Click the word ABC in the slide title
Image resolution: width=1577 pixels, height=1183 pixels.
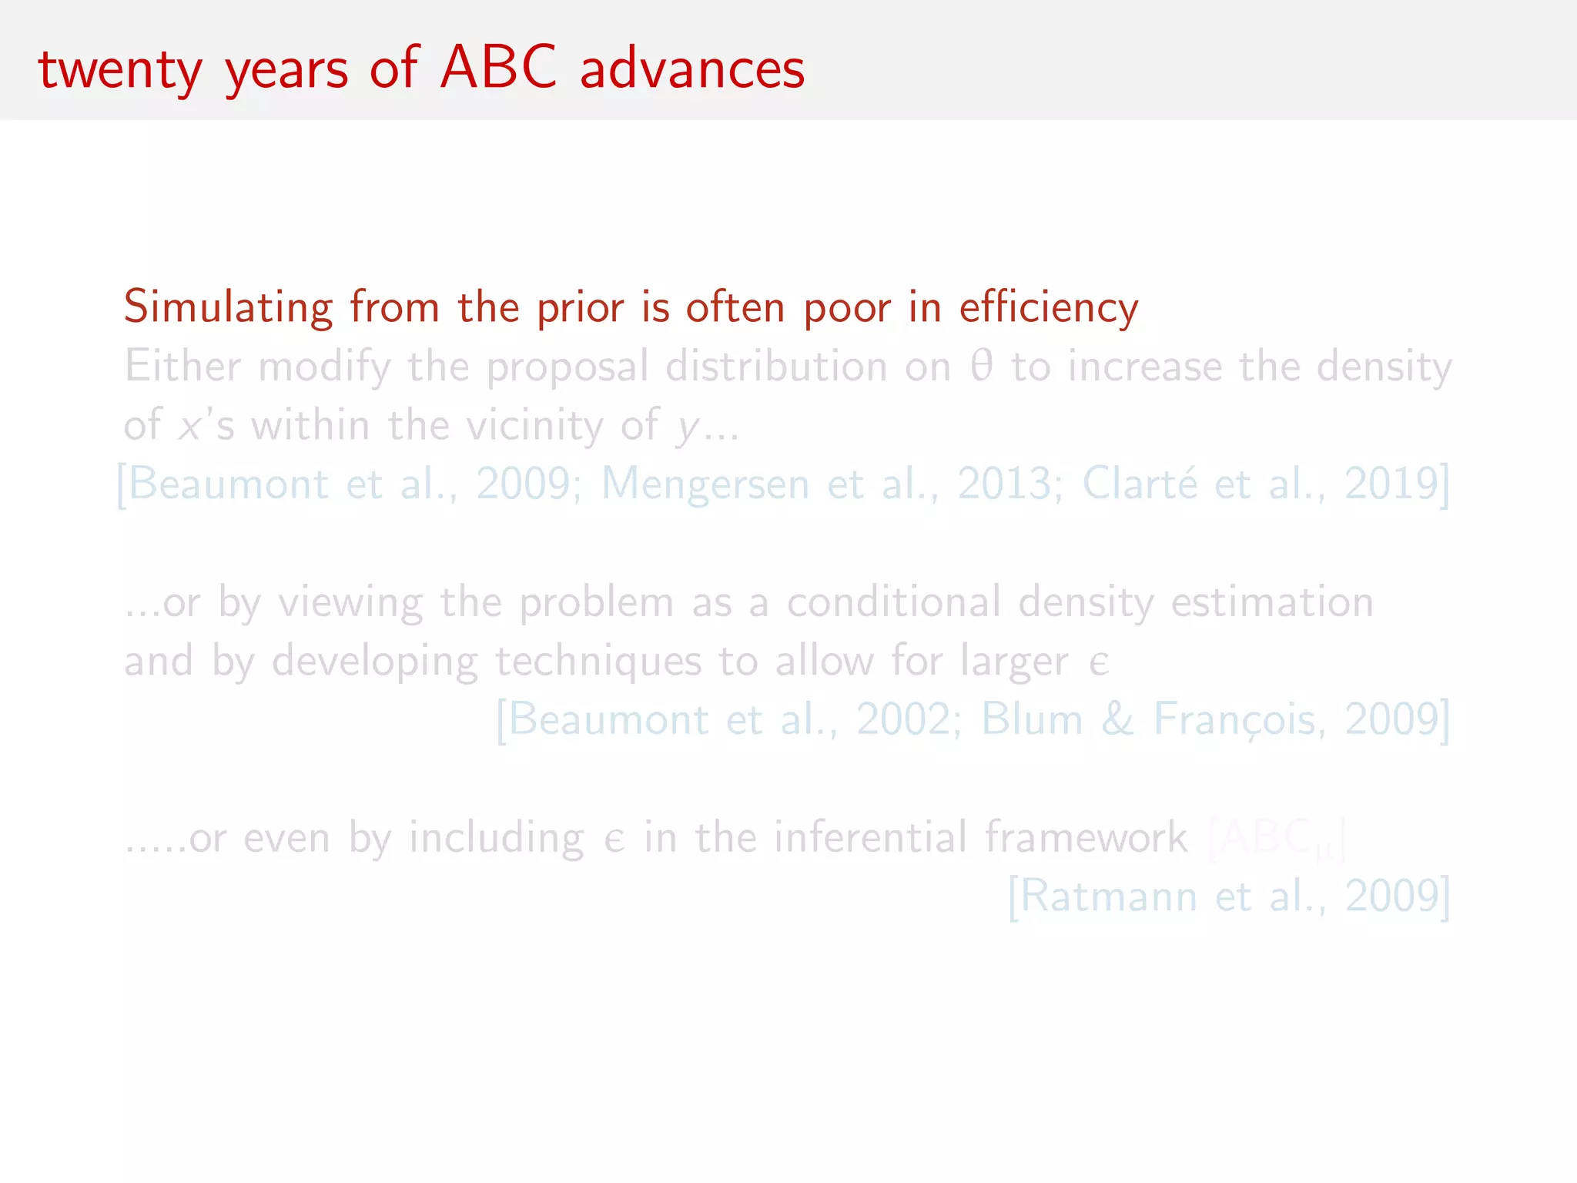498,67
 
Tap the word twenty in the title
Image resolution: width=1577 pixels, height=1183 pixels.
120,69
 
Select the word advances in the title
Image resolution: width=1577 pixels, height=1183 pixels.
691,69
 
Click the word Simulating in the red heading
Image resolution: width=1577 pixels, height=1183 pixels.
228,307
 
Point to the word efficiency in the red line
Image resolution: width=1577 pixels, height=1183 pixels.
1048,307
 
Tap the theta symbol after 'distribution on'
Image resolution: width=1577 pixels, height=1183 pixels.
981,366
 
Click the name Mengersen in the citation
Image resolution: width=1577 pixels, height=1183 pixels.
705,484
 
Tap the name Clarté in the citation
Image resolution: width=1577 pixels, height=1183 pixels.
1140,484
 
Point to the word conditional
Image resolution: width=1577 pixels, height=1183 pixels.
893,602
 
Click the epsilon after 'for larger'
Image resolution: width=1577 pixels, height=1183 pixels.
1099,662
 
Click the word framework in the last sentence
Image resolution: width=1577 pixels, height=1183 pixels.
1086,837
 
